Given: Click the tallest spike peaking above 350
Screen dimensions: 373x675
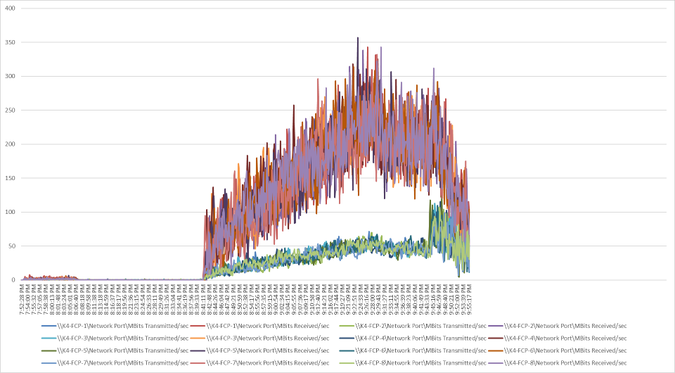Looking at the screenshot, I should [x=358, y=39].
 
